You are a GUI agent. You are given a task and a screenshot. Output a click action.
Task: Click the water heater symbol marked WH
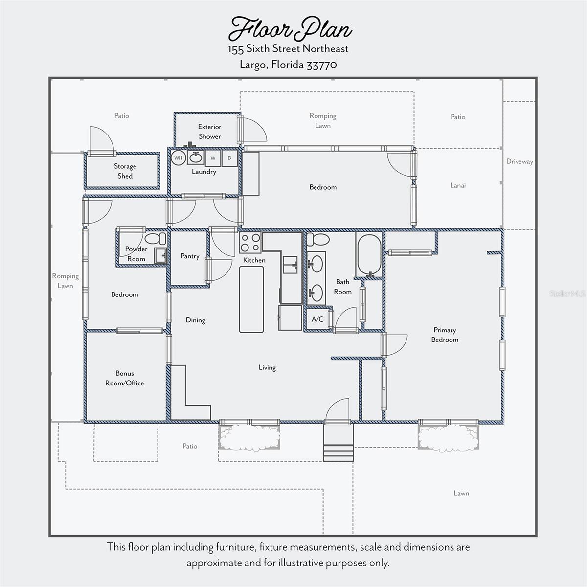(178, 158)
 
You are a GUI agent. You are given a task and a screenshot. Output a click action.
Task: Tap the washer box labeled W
(213, 158)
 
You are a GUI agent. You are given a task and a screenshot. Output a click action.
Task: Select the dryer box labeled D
(229, 158)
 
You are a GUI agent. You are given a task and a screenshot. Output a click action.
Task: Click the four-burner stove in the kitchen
(250, 243)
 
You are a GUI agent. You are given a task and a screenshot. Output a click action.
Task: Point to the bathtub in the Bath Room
(369, 255)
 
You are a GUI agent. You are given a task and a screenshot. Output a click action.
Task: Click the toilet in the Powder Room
(156, 239)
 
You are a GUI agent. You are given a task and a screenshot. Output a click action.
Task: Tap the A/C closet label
(317, 319)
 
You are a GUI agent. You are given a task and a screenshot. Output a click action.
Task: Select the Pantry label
(190, 256)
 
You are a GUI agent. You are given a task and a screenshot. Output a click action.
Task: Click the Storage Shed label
(125, 171)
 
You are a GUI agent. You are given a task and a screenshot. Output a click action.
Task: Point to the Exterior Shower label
(209, 132)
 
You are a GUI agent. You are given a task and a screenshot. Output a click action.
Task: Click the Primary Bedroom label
(445, 335)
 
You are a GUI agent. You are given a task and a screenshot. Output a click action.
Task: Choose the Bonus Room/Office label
(125, 378)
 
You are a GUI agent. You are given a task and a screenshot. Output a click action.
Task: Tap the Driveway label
(519, 161)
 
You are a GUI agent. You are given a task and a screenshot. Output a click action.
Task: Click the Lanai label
(458, 185)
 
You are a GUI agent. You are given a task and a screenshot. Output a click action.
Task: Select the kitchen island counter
(251, 299)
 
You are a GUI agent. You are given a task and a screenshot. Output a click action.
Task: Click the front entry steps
(338, 443)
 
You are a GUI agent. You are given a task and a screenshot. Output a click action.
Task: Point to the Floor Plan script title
(290, 29)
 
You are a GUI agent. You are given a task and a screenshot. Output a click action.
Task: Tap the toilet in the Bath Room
(318, 239)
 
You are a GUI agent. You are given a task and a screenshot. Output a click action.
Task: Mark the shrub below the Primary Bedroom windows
(448, 438)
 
